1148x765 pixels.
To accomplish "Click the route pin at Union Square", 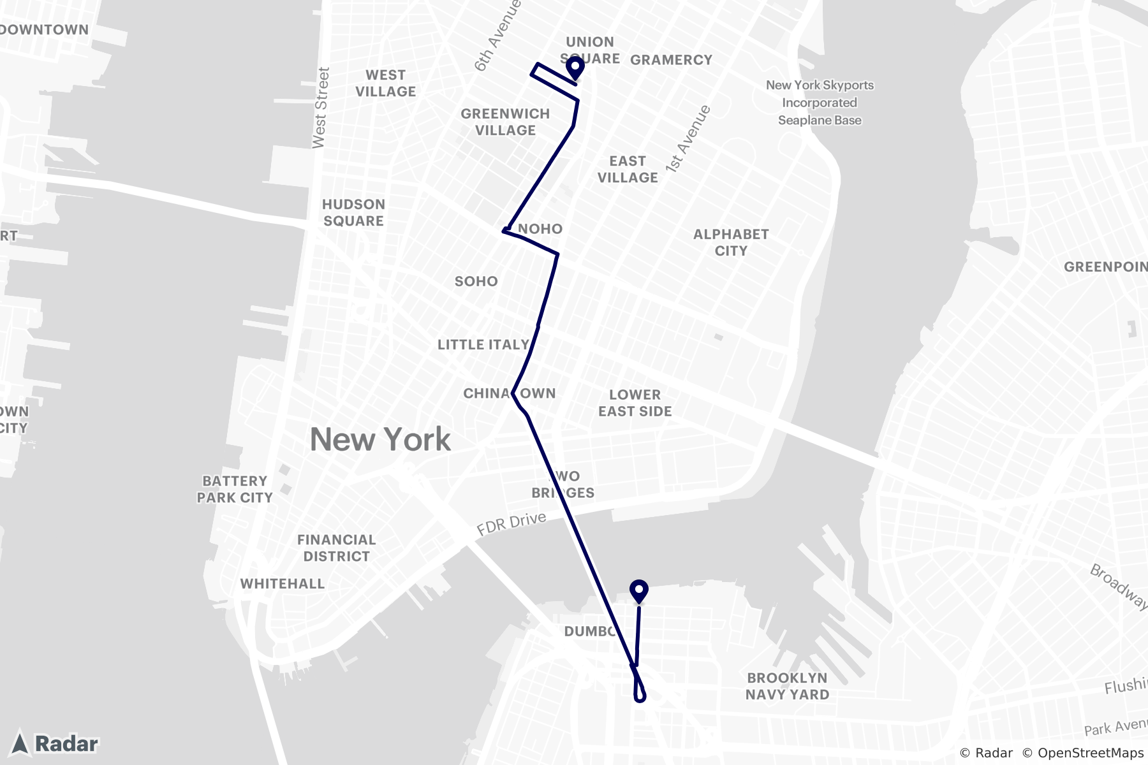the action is [x=575, y=68].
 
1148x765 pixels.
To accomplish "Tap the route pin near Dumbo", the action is [x=638, y=590].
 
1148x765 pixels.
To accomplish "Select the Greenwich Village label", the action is [x=505, y=122].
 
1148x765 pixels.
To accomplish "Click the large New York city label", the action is [x=380, y=439].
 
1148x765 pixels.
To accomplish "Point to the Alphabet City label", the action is [x=731, y=242].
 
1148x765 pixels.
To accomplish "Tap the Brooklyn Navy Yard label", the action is [x=787, y=686].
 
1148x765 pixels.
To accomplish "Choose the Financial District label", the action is [x=336, y=548].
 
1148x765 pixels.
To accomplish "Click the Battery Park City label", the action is [x=235, y=489].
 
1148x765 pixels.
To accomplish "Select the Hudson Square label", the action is [x=353, y=212].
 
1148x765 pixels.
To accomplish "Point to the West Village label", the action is [x=385, y=83].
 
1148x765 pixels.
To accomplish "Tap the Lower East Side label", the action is [x=635, y=403].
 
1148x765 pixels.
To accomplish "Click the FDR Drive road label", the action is [x=511, y=524].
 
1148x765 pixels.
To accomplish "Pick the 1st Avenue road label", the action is [x=688, y=139].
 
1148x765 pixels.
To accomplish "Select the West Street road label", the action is [x=321, y=108].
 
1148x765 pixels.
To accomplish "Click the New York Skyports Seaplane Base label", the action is [x=820, y=103].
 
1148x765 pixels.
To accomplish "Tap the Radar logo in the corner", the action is [x=56, y=743].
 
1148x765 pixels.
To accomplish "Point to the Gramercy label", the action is [x=671, y=60].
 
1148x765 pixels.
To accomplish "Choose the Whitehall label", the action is [x=282, y=583].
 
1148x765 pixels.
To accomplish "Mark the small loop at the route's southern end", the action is [x=640, y=692].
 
